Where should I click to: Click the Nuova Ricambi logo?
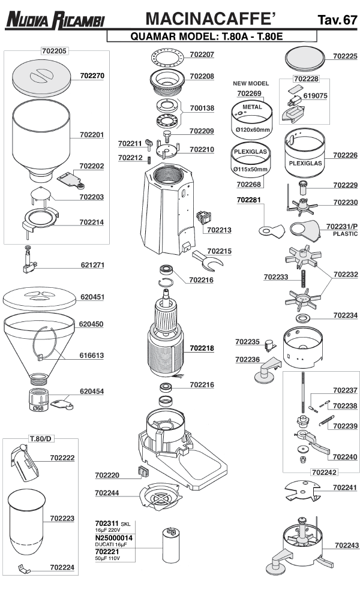coord(55,21)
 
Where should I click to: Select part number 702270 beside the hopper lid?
coord(92,77)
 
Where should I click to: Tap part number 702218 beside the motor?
coord(202,348)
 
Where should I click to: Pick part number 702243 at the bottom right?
coord(346,546)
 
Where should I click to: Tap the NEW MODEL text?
coord(251,83)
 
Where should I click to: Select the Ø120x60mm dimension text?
coord(253,130)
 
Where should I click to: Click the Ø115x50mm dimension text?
coord(251,170)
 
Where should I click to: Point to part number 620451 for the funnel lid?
coord(92,296)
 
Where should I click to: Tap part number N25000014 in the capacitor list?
coord(114,538)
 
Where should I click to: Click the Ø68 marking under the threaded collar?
coord(38,408)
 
